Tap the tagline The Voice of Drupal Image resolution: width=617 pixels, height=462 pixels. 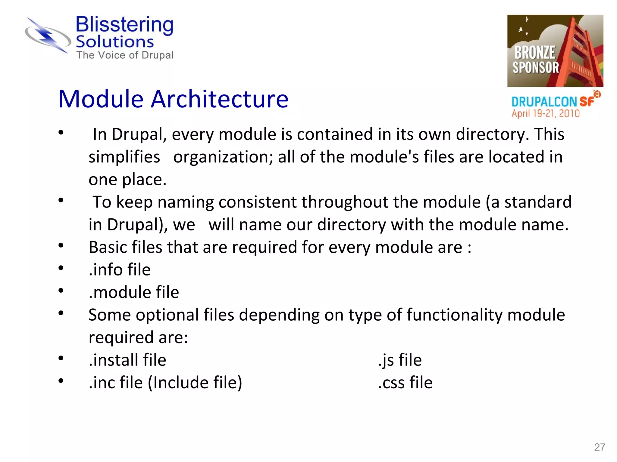pos(125,55)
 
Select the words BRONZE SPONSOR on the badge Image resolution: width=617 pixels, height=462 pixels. pos(535,60)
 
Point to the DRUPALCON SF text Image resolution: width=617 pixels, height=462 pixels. pos(552,102)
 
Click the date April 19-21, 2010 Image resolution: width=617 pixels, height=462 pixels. pos(545,113)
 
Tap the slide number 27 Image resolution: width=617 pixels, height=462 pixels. pos(599,447)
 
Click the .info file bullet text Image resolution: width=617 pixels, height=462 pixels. pos(120,269)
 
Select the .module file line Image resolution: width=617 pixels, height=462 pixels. pos(134,292)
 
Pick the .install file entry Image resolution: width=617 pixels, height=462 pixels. pos(127,360)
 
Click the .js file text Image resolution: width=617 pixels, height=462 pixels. pos(400,360)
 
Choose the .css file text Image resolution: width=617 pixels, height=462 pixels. pos(405,382)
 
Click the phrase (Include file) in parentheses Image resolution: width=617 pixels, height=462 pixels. pos(195,382)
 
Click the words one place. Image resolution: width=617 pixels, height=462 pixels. pos(127,180)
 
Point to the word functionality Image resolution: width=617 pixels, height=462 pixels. pos(455,315)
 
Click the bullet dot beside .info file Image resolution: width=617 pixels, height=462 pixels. pos(61,267)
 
